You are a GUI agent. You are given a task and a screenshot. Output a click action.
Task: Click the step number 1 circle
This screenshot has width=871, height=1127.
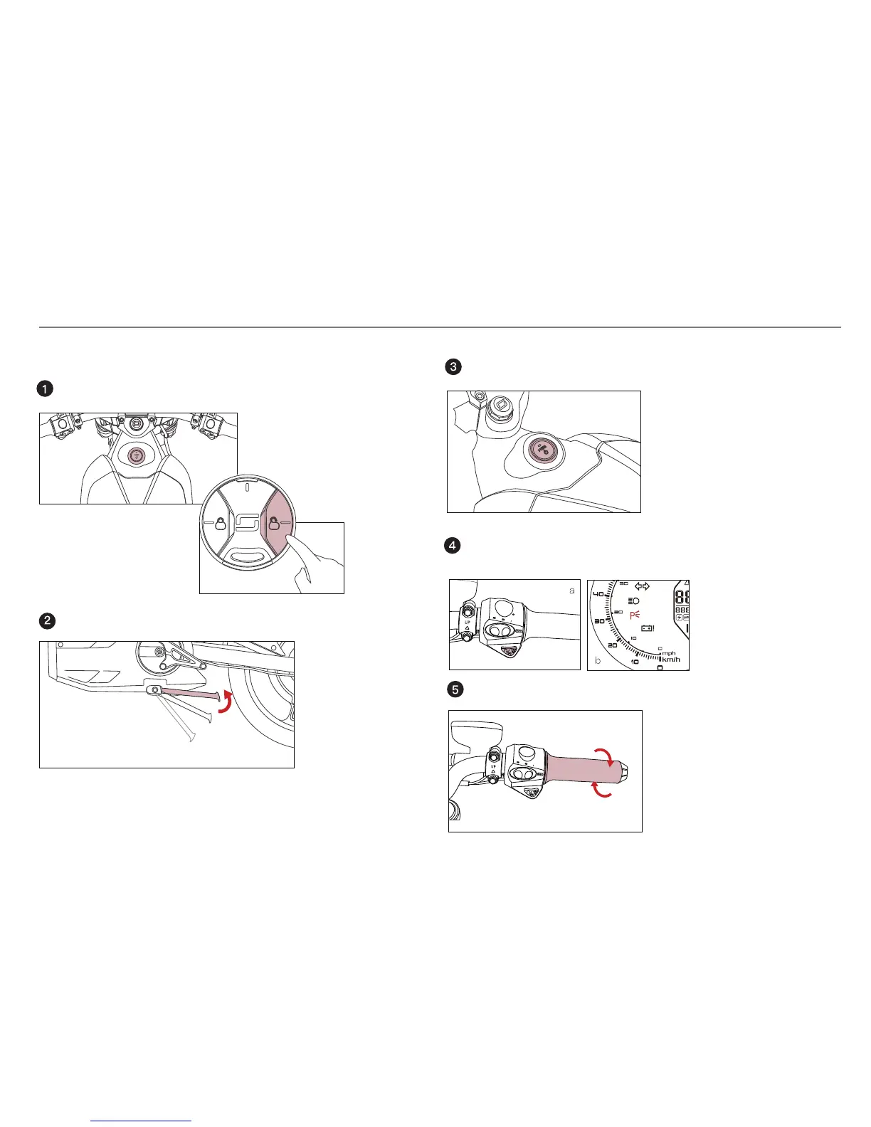point(45,388)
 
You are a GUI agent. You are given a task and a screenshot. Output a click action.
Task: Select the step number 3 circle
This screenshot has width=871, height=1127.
point(453,367)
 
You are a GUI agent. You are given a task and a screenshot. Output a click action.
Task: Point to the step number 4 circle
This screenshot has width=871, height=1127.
point(452,546)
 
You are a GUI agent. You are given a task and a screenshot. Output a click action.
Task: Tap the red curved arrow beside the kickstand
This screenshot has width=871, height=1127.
point(226,700)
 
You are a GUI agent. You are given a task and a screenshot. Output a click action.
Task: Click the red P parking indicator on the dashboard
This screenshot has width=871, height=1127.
point(635,615)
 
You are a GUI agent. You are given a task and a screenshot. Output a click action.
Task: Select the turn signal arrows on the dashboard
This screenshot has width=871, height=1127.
point(642,586)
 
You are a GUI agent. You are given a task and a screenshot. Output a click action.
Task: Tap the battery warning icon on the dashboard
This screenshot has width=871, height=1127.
point(648,628)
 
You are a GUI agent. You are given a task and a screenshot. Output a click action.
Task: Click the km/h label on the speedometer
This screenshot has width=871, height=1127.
point(671,660)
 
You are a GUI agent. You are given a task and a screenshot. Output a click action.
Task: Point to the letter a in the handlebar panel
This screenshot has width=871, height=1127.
point(571,591)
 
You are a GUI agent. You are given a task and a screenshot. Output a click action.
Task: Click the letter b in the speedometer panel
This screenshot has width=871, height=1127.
point(597,661)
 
